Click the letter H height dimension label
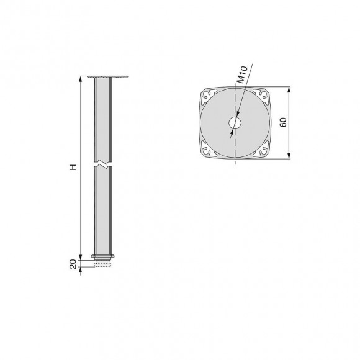(x=73, y=168)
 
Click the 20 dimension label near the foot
(x=73, y=264)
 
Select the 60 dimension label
(x=282, y=122)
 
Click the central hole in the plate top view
(x=234, y=123)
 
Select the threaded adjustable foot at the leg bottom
(x=103, y=264)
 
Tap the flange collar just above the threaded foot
(x=103, y=256)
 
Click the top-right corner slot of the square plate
(x=261, y=96)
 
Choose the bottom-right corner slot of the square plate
(x=261, y=150)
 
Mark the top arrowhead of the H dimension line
(x=81, y=79)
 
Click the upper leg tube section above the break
(x=103, y=118)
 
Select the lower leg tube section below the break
(x=103, y=211)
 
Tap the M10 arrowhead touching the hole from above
(x=238, y=116)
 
